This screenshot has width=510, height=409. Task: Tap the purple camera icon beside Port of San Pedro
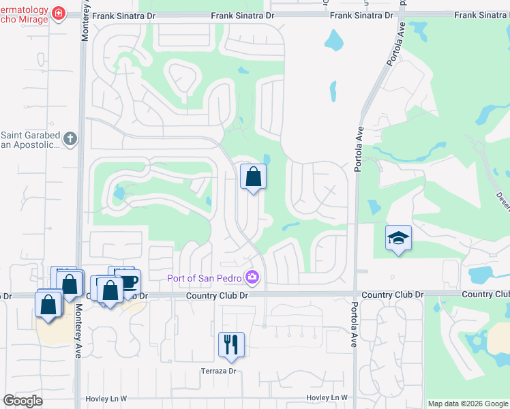coord(253,277)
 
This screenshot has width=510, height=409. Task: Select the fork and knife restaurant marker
coord(231,345)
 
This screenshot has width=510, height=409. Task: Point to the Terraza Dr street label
coord(217,372)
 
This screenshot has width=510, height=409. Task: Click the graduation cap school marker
coord(398,238)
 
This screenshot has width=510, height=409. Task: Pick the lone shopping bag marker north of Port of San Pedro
coord(253,177)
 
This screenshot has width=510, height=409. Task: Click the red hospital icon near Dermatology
coord(59,14)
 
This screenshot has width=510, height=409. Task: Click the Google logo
coord(22,400)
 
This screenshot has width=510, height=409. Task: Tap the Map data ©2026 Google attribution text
coord(468,404)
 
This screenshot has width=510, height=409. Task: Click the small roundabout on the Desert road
coord(479,146)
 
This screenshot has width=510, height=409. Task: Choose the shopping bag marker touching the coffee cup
coord(110,290)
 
